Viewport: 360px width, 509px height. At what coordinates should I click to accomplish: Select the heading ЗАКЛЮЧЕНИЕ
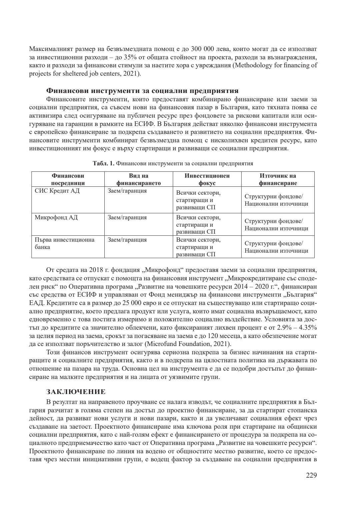[76, 391]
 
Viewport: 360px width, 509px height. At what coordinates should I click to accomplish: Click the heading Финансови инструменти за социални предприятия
[142, 91]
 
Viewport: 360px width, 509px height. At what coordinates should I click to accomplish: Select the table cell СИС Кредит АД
[57, 191]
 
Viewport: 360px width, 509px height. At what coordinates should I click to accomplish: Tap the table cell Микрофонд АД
[56, 218]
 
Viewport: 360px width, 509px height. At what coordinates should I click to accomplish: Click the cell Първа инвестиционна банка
[64, 243]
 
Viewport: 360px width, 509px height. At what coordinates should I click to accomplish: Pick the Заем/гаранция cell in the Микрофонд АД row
[127, 218]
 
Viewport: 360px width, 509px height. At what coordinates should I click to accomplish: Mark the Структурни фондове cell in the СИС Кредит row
[276, 200]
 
